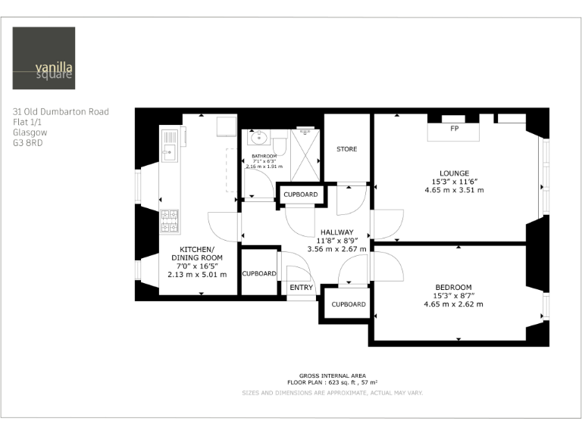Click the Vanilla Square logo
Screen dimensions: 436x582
pyautogui.click(x=44, y=58)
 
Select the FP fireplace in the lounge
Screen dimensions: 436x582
pyautogui.click(x=454, y=129)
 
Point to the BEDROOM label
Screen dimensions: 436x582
pyautogui.click(x=453, y=286)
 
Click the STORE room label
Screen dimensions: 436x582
pyautogui.click(x=346, y=149)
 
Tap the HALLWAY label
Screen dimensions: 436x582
pyautogui.click(x=336, y=232)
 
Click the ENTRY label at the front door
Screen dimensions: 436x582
pyautogui.click(x=301, y=288)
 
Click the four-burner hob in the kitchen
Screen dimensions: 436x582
pyautogui.click(x=168, y=220)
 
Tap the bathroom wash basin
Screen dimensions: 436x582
pyautogui.click(x=259, y=137)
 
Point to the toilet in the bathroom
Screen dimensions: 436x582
pyautogui.click(x=280, y=145)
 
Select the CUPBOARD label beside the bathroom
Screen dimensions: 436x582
pyautogui.click(x=300, y=195)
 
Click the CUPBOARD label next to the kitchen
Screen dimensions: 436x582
pyautogui.click(x=259, y=273)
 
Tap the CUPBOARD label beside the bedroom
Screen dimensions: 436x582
pyautogui.click(x=348, y=304)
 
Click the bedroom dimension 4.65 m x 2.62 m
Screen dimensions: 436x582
pyautogui.click(x=453, y=304)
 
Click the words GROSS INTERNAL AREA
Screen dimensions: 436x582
pyautogui.click(x=332, y=376)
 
